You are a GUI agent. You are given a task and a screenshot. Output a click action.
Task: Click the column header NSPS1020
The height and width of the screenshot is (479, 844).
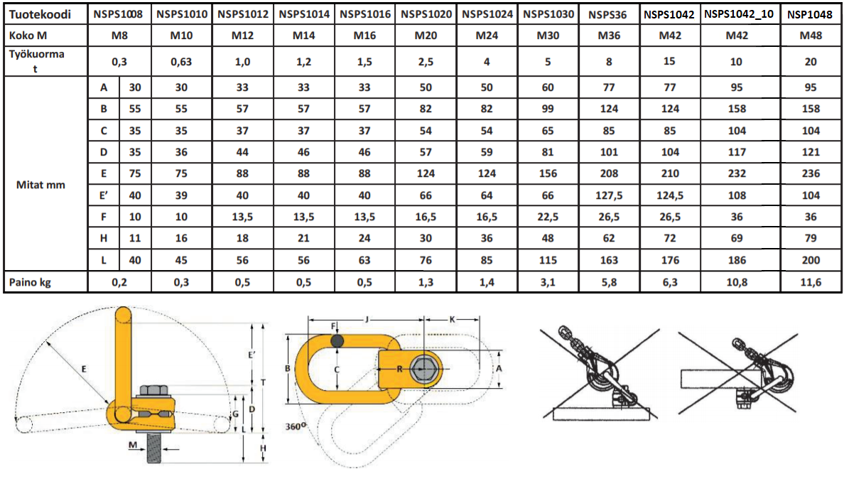point(426,14)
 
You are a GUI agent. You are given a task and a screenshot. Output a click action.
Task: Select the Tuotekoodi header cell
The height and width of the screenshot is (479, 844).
point(40,14)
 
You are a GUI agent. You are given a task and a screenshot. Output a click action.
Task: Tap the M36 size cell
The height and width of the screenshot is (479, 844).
point(609,36)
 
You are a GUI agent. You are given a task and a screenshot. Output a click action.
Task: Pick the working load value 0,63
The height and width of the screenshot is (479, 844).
point(181,62)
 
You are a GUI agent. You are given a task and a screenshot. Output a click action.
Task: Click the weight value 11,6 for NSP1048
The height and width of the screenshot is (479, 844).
point(811,282)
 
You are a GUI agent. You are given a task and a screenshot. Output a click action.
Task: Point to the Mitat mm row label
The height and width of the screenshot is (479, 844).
point(40,185)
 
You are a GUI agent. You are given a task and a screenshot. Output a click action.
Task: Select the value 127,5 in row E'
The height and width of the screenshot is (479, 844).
point(609,195)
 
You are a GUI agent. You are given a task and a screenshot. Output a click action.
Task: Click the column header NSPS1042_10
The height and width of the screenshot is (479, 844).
point(739,14)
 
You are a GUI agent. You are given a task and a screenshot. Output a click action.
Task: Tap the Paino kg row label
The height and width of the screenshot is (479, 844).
point(30,282)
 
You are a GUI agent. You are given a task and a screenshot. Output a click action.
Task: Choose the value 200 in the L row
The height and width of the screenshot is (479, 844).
point(811,260)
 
